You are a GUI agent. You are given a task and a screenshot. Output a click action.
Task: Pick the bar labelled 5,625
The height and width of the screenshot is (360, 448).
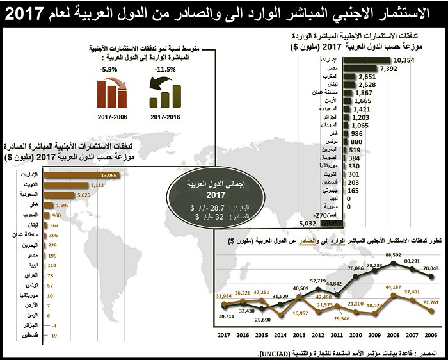tap(60, 194)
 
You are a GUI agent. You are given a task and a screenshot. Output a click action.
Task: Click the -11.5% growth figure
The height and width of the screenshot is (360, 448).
tap(166, 69)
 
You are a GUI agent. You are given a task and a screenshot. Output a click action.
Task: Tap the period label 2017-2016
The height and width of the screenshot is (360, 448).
tap(166, 117)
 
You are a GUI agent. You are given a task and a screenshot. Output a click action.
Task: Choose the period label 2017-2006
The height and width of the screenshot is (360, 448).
tap(113, 117)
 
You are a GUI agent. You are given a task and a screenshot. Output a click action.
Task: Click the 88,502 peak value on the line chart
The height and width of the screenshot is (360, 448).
tap(393, 256)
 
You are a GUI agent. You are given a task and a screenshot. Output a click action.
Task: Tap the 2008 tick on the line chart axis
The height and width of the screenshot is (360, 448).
tap(393, 335)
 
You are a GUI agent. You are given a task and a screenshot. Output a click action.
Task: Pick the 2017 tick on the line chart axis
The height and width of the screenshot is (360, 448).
tap(224, 335)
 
